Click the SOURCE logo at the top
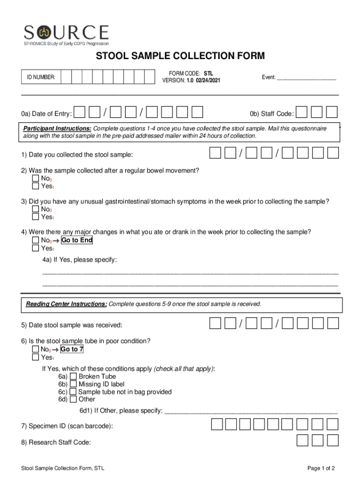[67, 35]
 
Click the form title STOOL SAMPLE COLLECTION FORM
[180, 56]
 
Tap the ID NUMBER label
[41, 77]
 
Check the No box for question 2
[36, 179]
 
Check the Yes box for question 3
[36, 217]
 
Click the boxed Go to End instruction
[76, 240]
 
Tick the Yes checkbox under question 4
[36, 248]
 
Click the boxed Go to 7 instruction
[72, 349]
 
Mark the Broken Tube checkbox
[73, 376]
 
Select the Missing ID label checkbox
[73, 384]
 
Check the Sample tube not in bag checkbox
[73, 392]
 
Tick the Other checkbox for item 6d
[73, 399]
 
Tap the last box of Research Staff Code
[332, 441]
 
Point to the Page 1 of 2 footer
[321, 468]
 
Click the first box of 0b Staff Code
[302, 112]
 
